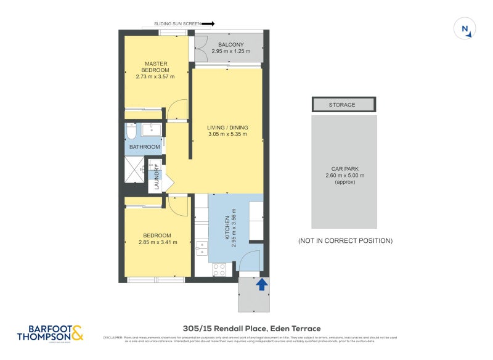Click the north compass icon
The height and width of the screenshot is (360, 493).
465,29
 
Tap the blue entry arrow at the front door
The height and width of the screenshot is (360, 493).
262,284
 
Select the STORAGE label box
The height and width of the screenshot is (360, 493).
343,105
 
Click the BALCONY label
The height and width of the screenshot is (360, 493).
231,44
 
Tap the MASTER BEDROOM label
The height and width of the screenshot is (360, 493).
156,67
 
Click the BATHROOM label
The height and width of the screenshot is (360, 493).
144,147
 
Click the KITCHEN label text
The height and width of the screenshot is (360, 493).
227,228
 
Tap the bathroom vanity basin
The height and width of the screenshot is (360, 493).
151,129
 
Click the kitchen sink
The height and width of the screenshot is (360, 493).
202,248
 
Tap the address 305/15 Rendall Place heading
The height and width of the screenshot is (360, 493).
251,329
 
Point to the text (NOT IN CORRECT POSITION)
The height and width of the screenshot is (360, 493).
344,240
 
